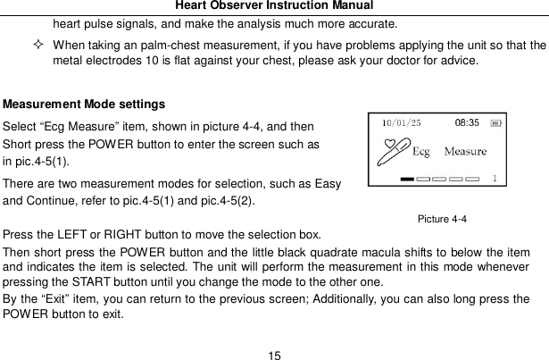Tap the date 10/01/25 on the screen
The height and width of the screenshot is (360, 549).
(403, 123)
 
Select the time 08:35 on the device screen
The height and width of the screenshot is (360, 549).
(468, 122)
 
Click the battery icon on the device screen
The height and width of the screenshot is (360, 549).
(496, 123)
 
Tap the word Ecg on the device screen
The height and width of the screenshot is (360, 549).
(420, 151)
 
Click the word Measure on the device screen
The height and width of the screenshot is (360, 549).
(465, 151)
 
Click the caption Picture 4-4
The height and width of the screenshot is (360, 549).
(442, 218)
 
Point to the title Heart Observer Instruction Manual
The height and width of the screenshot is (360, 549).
(274, 6)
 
